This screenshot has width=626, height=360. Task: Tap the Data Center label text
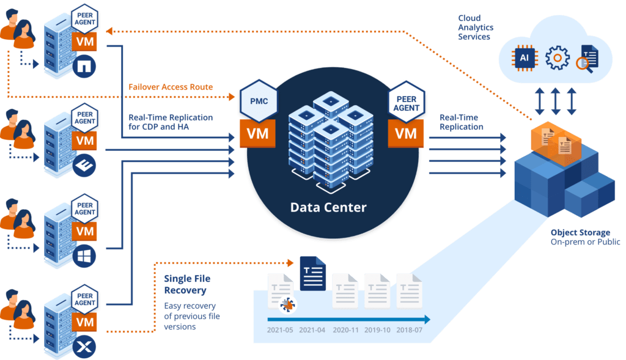click(328, 207)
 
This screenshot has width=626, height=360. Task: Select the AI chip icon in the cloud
click(524, 58)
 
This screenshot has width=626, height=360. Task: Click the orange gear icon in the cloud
click(557, 58)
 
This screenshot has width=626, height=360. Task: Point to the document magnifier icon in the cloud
click(589, 59)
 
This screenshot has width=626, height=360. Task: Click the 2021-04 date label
click(312, 330)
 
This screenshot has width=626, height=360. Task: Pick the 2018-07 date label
click(409, 330)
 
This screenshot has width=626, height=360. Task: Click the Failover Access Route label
click(171, 87)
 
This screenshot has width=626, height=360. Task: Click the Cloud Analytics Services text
click(476, 28)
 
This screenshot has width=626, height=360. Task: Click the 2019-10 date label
click(377, 330)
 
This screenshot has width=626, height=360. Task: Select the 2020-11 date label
click(344, 330)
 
